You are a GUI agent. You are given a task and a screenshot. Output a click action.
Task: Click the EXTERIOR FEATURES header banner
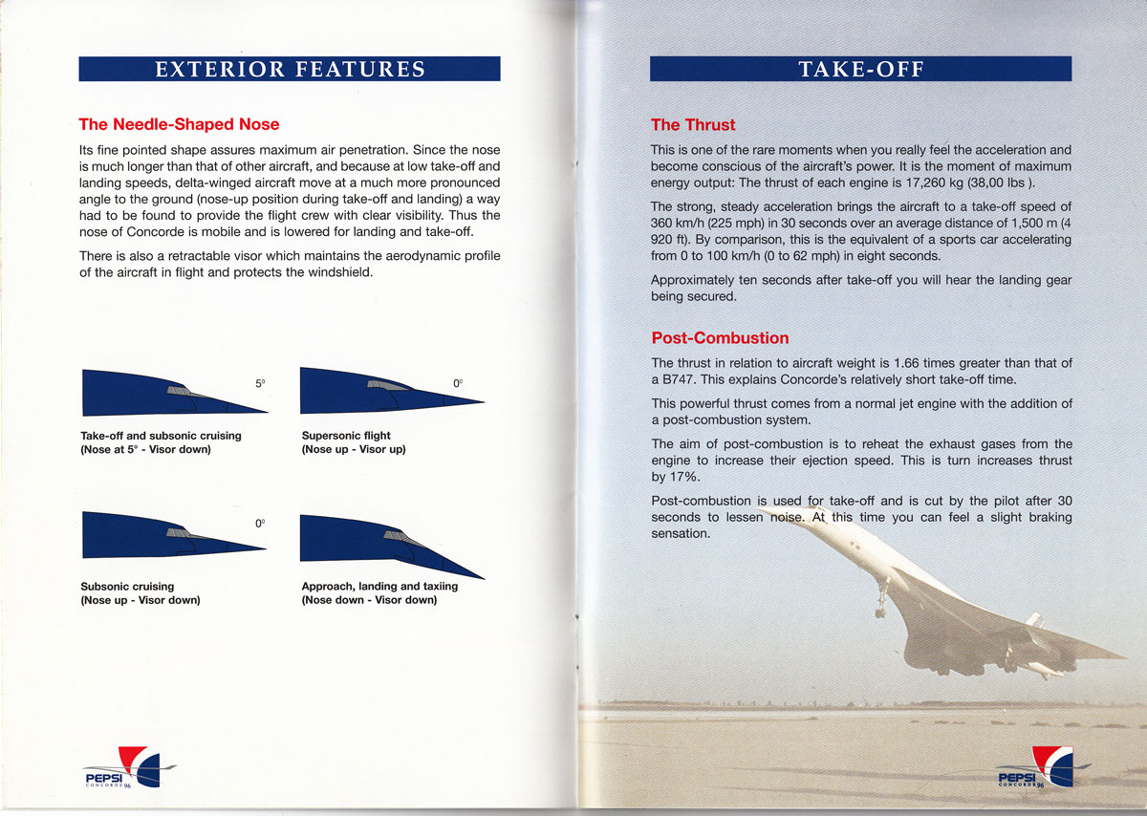click(x=290, y=69)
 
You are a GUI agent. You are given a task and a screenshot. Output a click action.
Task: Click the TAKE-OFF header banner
click(x=860, y=69)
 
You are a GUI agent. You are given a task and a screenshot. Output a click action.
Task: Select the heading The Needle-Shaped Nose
click(x=179, y=124)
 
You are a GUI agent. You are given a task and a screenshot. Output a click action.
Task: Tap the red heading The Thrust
click(x=693, y=124)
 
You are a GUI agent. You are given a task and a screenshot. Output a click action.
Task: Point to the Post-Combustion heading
click(x=720, y=337)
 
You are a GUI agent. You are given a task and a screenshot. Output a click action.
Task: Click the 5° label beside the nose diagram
click(x=260, y=383)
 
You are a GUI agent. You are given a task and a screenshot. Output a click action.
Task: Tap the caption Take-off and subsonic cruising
click(x=161, y=436)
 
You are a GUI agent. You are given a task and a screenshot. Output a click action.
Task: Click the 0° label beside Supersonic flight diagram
click(x=458, y=383)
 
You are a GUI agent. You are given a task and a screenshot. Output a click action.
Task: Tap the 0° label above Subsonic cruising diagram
click(x=259, y=524)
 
